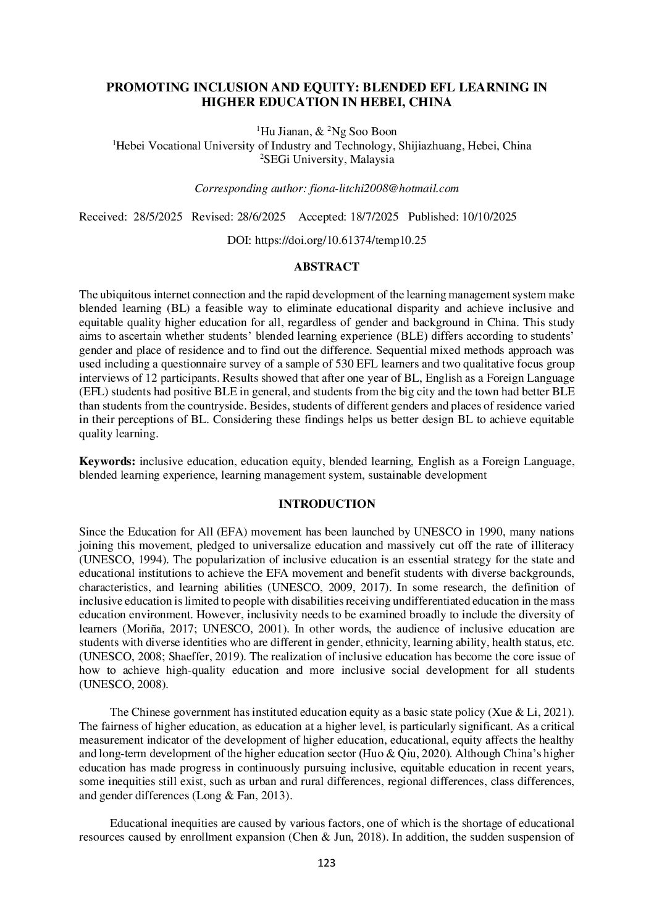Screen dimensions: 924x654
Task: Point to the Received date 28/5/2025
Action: [157, 217]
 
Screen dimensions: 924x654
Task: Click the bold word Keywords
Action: [107, 462]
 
